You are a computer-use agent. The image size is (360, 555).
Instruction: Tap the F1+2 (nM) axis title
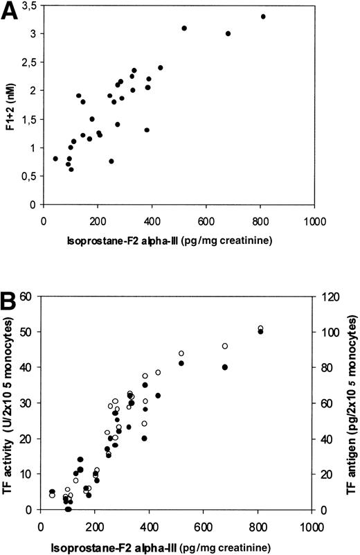coord(12,105)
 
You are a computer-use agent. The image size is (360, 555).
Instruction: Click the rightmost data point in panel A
coord(263,16)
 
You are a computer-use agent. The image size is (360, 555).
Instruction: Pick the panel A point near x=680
coord(228,33)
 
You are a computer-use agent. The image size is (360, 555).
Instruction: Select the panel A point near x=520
coord(184,28)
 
